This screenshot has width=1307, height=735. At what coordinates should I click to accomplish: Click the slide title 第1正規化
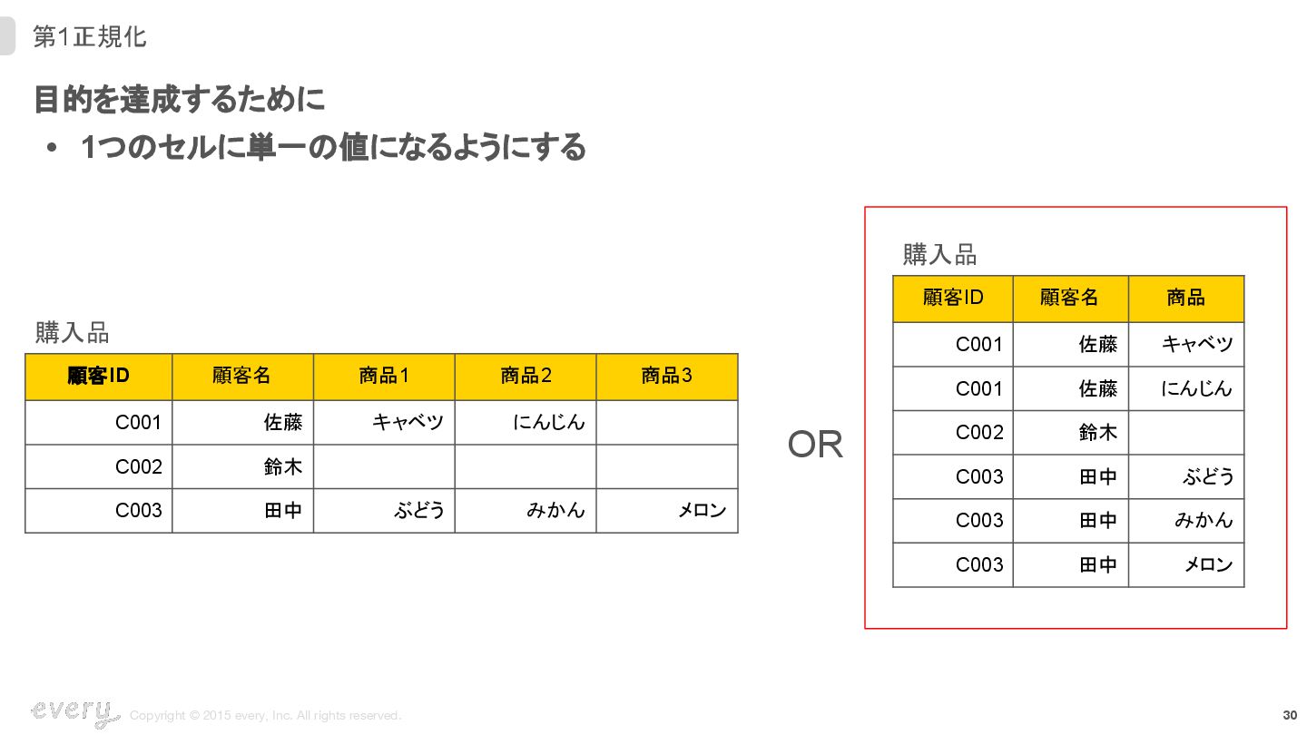(x=89, y=37)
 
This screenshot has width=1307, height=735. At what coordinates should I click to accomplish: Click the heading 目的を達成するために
(x=179, y=100)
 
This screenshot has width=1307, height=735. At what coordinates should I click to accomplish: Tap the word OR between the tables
(x=815, y=445)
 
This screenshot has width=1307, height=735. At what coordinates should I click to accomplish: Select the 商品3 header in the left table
(x=667, y=376)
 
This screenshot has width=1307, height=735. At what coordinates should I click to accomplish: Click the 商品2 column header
(x=526, y=376)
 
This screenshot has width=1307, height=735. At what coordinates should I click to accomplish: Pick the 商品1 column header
(x=384, y=376)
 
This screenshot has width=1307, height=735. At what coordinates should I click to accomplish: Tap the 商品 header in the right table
(x=1185, y=298)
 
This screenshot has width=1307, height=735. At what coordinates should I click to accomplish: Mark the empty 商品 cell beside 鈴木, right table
(x=1185, y=433)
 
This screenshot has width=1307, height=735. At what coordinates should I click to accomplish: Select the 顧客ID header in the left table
(x=98, y=376)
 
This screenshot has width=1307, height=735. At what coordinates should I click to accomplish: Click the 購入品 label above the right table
(x=939, y=255)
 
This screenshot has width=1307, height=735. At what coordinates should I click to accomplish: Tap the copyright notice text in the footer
(x=265, y=716)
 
